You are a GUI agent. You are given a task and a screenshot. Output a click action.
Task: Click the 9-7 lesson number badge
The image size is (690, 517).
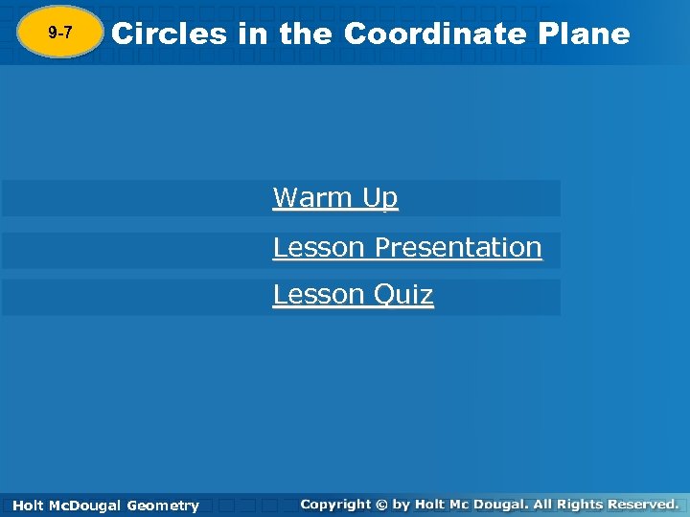(x=59, y=34)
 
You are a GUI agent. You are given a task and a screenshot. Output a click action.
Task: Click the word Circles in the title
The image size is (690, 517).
(x=170, y=34)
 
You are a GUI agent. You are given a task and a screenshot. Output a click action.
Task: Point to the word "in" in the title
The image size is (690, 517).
(x=254, y=34)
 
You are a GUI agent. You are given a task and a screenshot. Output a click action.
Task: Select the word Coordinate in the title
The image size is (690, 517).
(x=434, y=34)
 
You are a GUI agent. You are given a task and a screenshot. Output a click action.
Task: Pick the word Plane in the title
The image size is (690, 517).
(x=585, y=34)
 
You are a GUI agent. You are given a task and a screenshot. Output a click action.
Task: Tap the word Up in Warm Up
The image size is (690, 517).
(x=379, y=199)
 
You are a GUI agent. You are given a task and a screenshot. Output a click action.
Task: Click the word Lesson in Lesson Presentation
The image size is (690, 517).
(x=319, y=247)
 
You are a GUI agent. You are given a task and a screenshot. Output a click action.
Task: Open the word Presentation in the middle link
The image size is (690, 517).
(x=458, y=247)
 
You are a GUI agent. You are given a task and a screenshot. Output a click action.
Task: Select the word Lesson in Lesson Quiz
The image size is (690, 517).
(x=319, y=294)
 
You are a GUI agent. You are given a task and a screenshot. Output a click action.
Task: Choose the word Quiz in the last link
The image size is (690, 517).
(x=403, y=295)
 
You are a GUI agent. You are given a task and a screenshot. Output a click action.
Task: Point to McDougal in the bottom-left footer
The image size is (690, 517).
(x=84, y=506)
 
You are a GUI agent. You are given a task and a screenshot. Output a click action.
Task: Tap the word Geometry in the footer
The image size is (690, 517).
(x=163, y=506)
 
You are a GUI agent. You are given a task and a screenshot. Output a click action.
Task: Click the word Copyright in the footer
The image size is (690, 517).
(x=336, y=504)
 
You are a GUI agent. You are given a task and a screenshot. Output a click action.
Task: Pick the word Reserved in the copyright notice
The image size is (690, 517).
(x=647, y=504)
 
